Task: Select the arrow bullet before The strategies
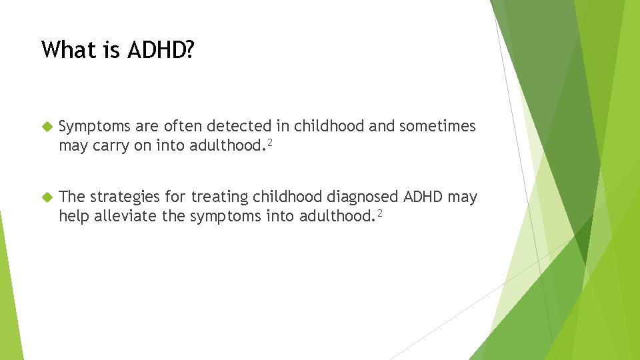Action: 46,197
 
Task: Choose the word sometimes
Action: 437,126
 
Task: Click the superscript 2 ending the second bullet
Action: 379,213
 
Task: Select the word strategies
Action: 126,197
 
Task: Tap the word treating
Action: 219,197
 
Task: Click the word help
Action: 73,216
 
